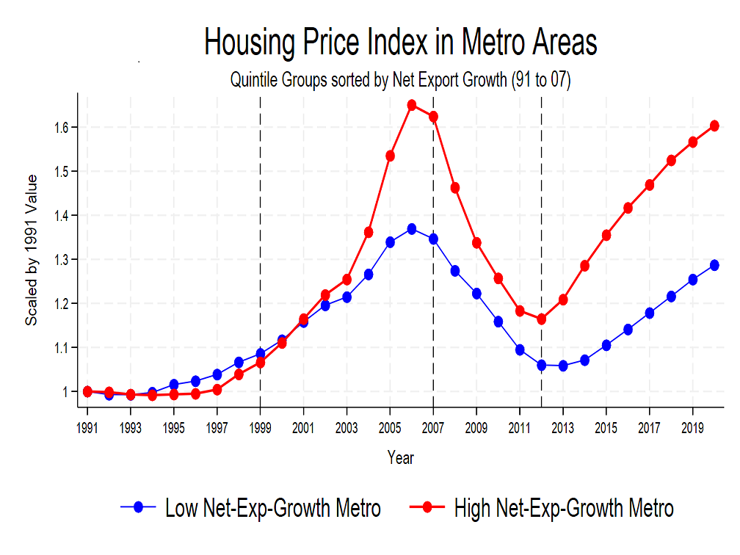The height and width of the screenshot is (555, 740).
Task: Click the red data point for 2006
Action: [x=412, y=105]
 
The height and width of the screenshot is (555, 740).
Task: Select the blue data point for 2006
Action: [x=412, y=229]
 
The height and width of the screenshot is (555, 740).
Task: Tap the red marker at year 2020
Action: [x=714, y=126]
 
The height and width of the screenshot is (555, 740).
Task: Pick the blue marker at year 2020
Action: [x=714, y=265]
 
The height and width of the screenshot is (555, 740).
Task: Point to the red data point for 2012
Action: [x=542, y=319]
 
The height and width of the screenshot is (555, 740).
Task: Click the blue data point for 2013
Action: [x=563, y=366]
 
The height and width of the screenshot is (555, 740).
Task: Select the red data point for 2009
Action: [x=476, y=243]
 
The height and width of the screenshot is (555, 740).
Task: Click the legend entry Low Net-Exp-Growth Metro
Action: [x=272, y=507]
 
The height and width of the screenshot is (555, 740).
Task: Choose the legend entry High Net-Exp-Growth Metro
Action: [x=563, y=507]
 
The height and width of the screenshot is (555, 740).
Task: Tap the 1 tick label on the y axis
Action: [x=67, y=392]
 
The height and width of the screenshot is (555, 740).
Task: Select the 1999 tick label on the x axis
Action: [x=261, y=427]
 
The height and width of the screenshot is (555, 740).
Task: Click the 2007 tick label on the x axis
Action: [x=433, y=427]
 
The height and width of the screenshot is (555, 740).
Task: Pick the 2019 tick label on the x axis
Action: [x=692, y=427]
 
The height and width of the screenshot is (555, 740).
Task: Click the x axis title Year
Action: [x=401, y=458]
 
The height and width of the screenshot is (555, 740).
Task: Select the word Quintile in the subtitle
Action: [x=251, y=80]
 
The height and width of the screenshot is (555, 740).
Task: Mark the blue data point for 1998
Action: [x=239, y=362]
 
